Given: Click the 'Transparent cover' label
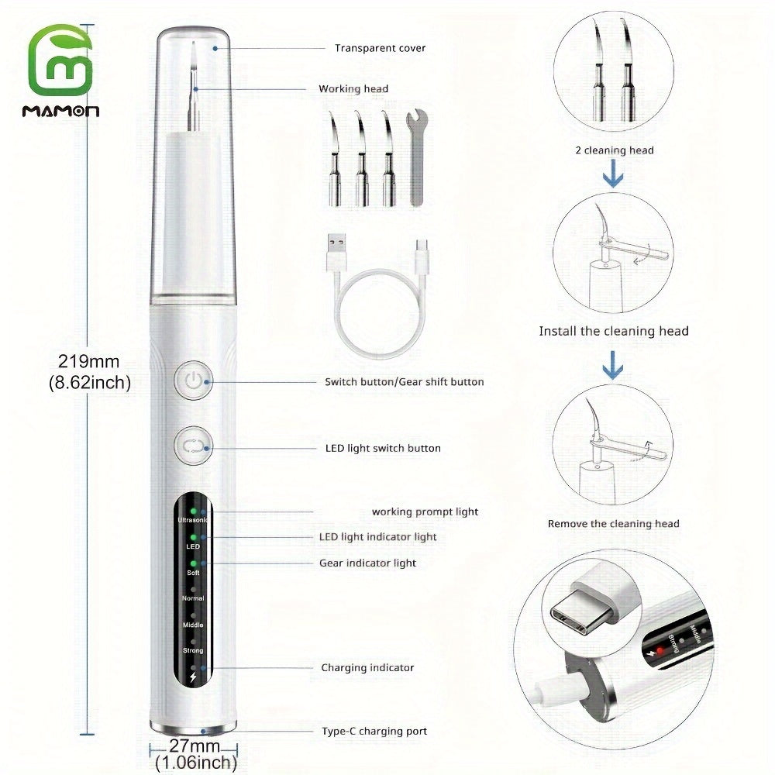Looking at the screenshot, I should coord(380,48).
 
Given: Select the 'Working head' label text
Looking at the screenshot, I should coord(353,89).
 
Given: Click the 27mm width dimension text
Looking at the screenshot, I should coord(195,747).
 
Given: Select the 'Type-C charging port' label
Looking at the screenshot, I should coord(374,731).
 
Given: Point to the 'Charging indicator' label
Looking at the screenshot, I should coord(367,667).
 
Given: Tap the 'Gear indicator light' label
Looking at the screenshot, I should coord(367,563).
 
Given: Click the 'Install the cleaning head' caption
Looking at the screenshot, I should coord(614,331).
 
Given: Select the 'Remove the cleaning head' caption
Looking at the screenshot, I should coord(613,524).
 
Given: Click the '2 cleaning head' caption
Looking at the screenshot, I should coord(614,150).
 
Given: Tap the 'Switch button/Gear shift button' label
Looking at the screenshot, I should coord(404,381).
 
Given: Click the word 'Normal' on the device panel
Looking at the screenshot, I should coord(193,599).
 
